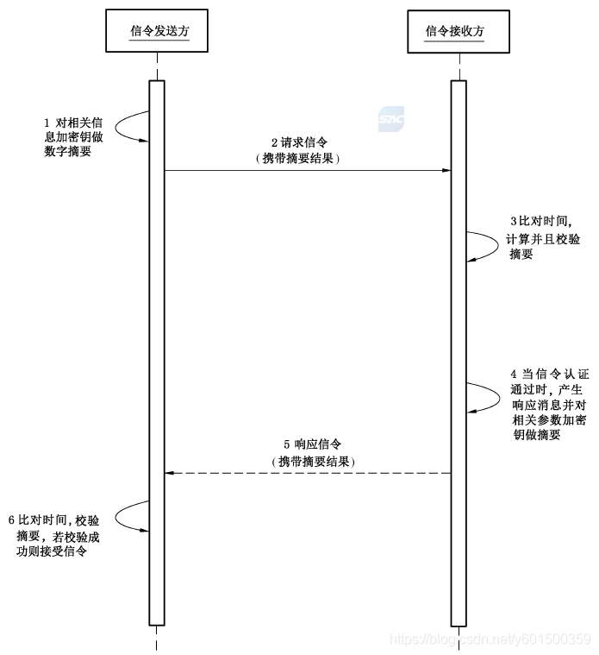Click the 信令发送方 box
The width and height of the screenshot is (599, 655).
(x=157, y=30)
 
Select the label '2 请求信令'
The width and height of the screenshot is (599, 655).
(x=299, y=142)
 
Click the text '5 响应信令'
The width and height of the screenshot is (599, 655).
(x=308, y=445)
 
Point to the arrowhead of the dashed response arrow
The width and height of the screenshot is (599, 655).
(x=169, y=473)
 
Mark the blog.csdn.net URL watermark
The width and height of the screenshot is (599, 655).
(x=490, y=639)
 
